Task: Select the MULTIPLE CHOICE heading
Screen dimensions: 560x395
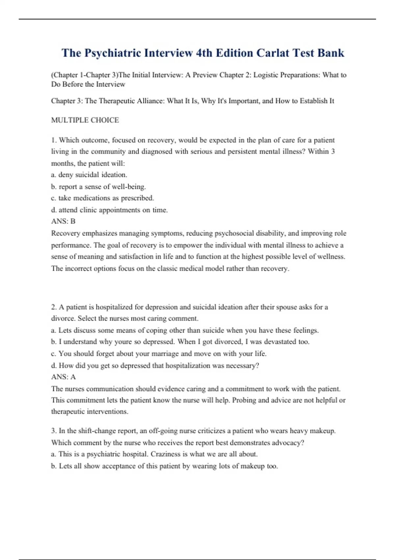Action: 85,120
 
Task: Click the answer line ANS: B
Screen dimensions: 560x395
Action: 63,221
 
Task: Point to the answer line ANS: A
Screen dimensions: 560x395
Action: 63,377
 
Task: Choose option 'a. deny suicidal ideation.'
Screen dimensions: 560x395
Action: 89,175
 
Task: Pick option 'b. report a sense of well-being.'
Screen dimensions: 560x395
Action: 98,187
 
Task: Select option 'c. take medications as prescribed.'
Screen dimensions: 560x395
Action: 102,198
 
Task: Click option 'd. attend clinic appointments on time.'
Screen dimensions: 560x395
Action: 109,210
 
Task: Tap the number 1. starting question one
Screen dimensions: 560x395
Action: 54,140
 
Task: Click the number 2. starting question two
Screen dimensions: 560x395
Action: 54,307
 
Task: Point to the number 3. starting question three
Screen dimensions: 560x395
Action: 54,431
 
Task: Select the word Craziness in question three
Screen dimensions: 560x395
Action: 166,454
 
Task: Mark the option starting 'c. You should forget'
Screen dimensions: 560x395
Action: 159,354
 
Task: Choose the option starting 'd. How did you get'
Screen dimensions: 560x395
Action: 155,366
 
